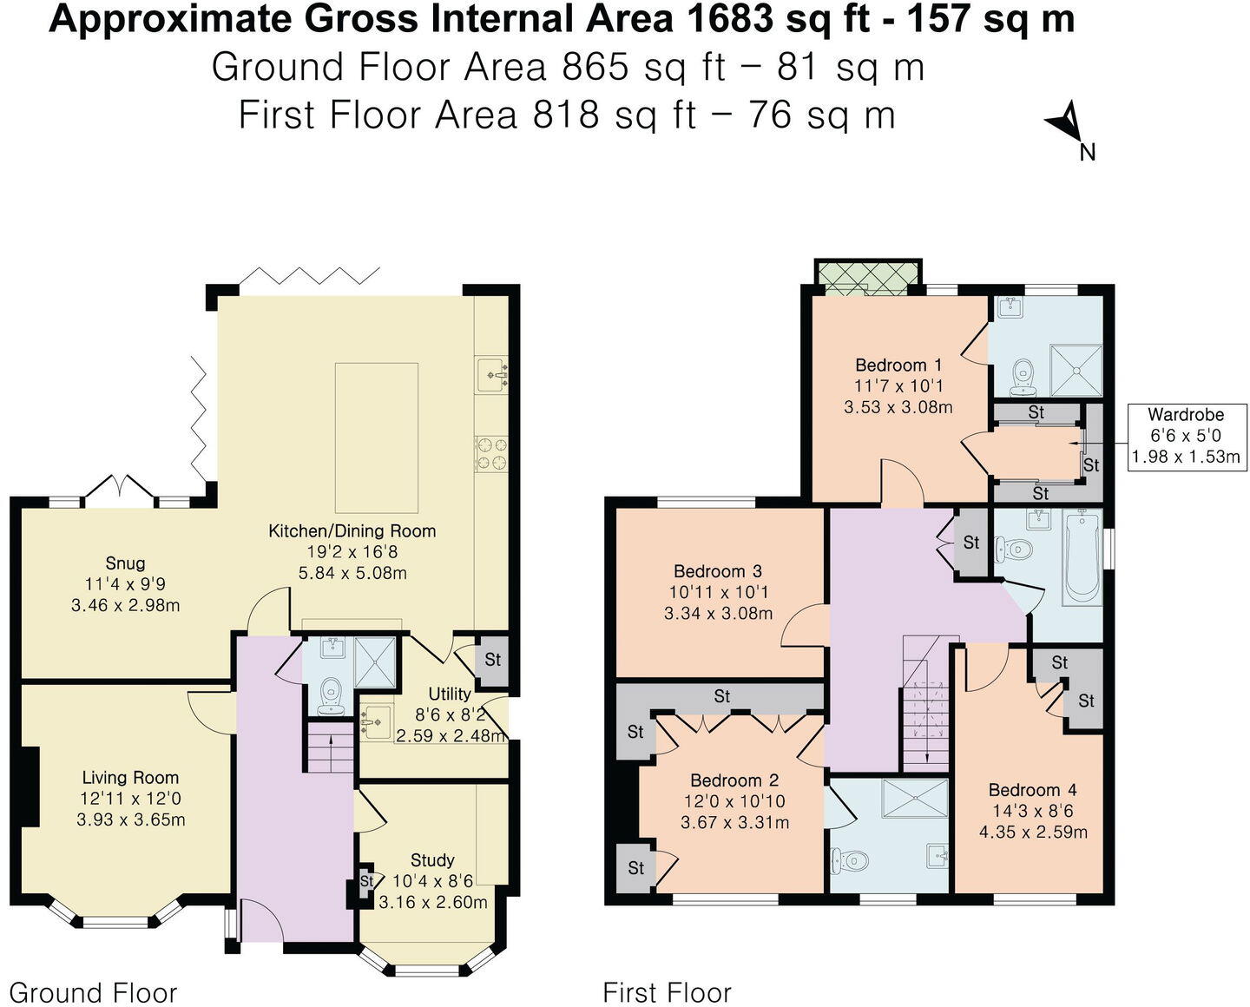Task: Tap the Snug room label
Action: (x=126, y=563)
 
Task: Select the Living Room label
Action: (x=130, y=778)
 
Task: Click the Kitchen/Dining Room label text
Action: (x=352, y=530)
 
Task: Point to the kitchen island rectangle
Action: (x=376, y=438)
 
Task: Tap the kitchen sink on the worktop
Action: (x=491, y=376)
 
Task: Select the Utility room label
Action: (x=450, y=694)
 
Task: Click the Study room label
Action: (x=432, y=859)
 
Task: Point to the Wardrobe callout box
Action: (x=1185, y=436)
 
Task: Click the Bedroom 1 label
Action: (x=898, y=365)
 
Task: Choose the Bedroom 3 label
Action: (x=717, y=571)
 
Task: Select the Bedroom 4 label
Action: (x=1032, y=790)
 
